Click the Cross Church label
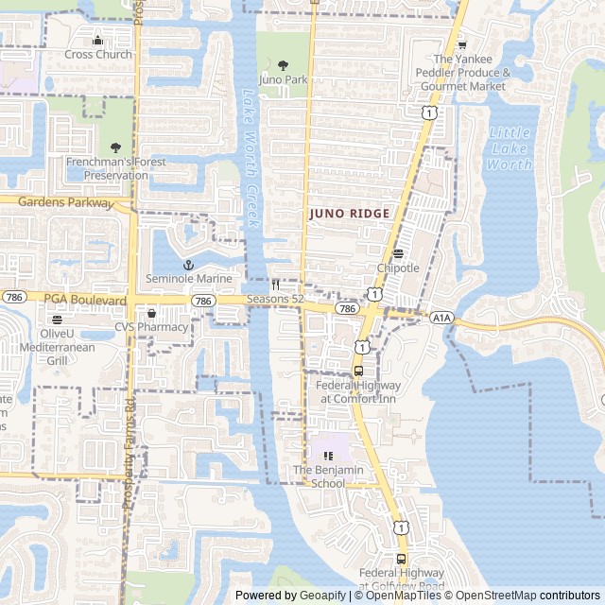pos(98,54)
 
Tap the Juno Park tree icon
pos(284,65)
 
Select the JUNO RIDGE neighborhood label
pos(349,214)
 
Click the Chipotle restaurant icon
pos(398,253)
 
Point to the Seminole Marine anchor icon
pos(187,265)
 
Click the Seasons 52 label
pos(275,300)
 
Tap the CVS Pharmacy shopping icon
pos(151,313)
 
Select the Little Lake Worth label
pos(509,148)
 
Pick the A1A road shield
pos(441,318)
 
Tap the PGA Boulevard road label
pos(85,300)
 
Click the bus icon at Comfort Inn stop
pos(358,371)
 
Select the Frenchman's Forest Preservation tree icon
pos(115,147)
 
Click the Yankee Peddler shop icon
pos(461,44)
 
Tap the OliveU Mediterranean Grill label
pos(58,347)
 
